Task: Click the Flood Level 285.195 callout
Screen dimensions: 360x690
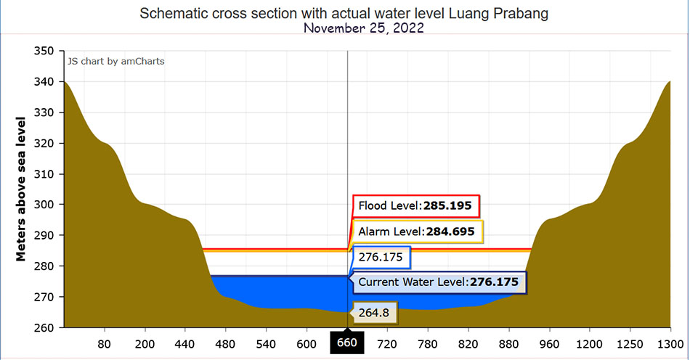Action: point(415,206)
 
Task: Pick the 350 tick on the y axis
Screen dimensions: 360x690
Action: point(44,51)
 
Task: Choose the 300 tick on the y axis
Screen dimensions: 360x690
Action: point(44,205)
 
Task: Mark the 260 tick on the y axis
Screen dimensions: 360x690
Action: point(44,327)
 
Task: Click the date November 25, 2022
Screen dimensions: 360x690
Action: point(363,28)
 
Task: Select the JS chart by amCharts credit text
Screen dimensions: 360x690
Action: point(116,62)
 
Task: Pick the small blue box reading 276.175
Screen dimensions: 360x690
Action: point(381,257)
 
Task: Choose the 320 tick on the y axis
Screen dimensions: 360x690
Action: point(44,143)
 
